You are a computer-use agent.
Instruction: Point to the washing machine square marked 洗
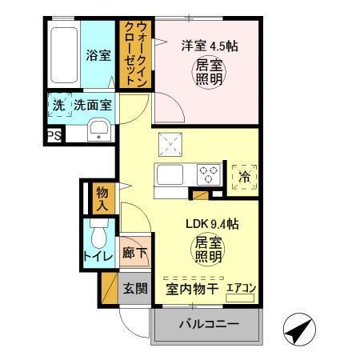point(59,105)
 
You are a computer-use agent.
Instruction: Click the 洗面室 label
point(93,104)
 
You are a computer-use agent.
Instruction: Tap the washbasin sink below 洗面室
point(99,130)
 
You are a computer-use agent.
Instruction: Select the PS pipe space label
point(54,136)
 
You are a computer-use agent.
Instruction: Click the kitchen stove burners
point(210,173)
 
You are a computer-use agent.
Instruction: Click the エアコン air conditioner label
point(241,288)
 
